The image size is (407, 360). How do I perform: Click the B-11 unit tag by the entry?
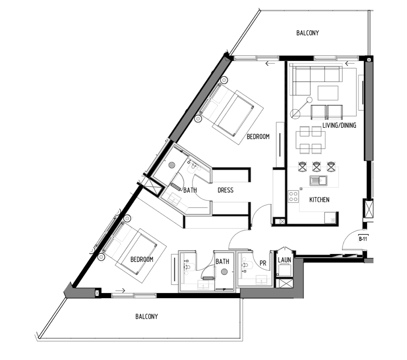pos(363,239)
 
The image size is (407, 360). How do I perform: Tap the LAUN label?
pos(284,260)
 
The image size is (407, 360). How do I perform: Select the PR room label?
pos(263,263)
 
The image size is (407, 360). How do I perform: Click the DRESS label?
pos(225,190)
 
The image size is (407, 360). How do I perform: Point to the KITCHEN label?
pos(319,200)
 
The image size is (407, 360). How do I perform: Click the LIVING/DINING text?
pos(339,125)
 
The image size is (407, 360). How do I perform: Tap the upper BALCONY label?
pos(308,33)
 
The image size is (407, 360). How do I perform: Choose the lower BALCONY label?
pos(147,316)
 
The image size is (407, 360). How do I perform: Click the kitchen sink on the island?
pos(318,180)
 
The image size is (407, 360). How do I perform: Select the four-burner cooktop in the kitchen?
pos(293,196)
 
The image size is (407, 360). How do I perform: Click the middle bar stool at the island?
pos(317,166)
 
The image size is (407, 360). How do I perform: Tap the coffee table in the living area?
pos(328,93)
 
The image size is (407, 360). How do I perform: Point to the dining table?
pos(310,140)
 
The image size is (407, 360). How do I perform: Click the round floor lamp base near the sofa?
pos(295,114)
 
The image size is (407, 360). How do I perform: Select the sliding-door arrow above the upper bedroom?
pos(270,63)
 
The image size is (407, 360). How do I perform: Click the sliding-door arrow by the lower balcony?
pos(121,291)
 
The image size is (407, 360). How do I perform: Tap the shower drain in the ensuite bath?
pos(171,165)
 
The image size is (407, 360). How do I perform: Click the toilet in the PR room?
pos(247,265)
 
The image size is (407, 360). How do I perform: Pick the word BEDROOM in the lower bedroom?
pos(142,260)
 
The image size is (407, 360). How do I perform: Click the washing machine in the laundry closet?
pos(284,270)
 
